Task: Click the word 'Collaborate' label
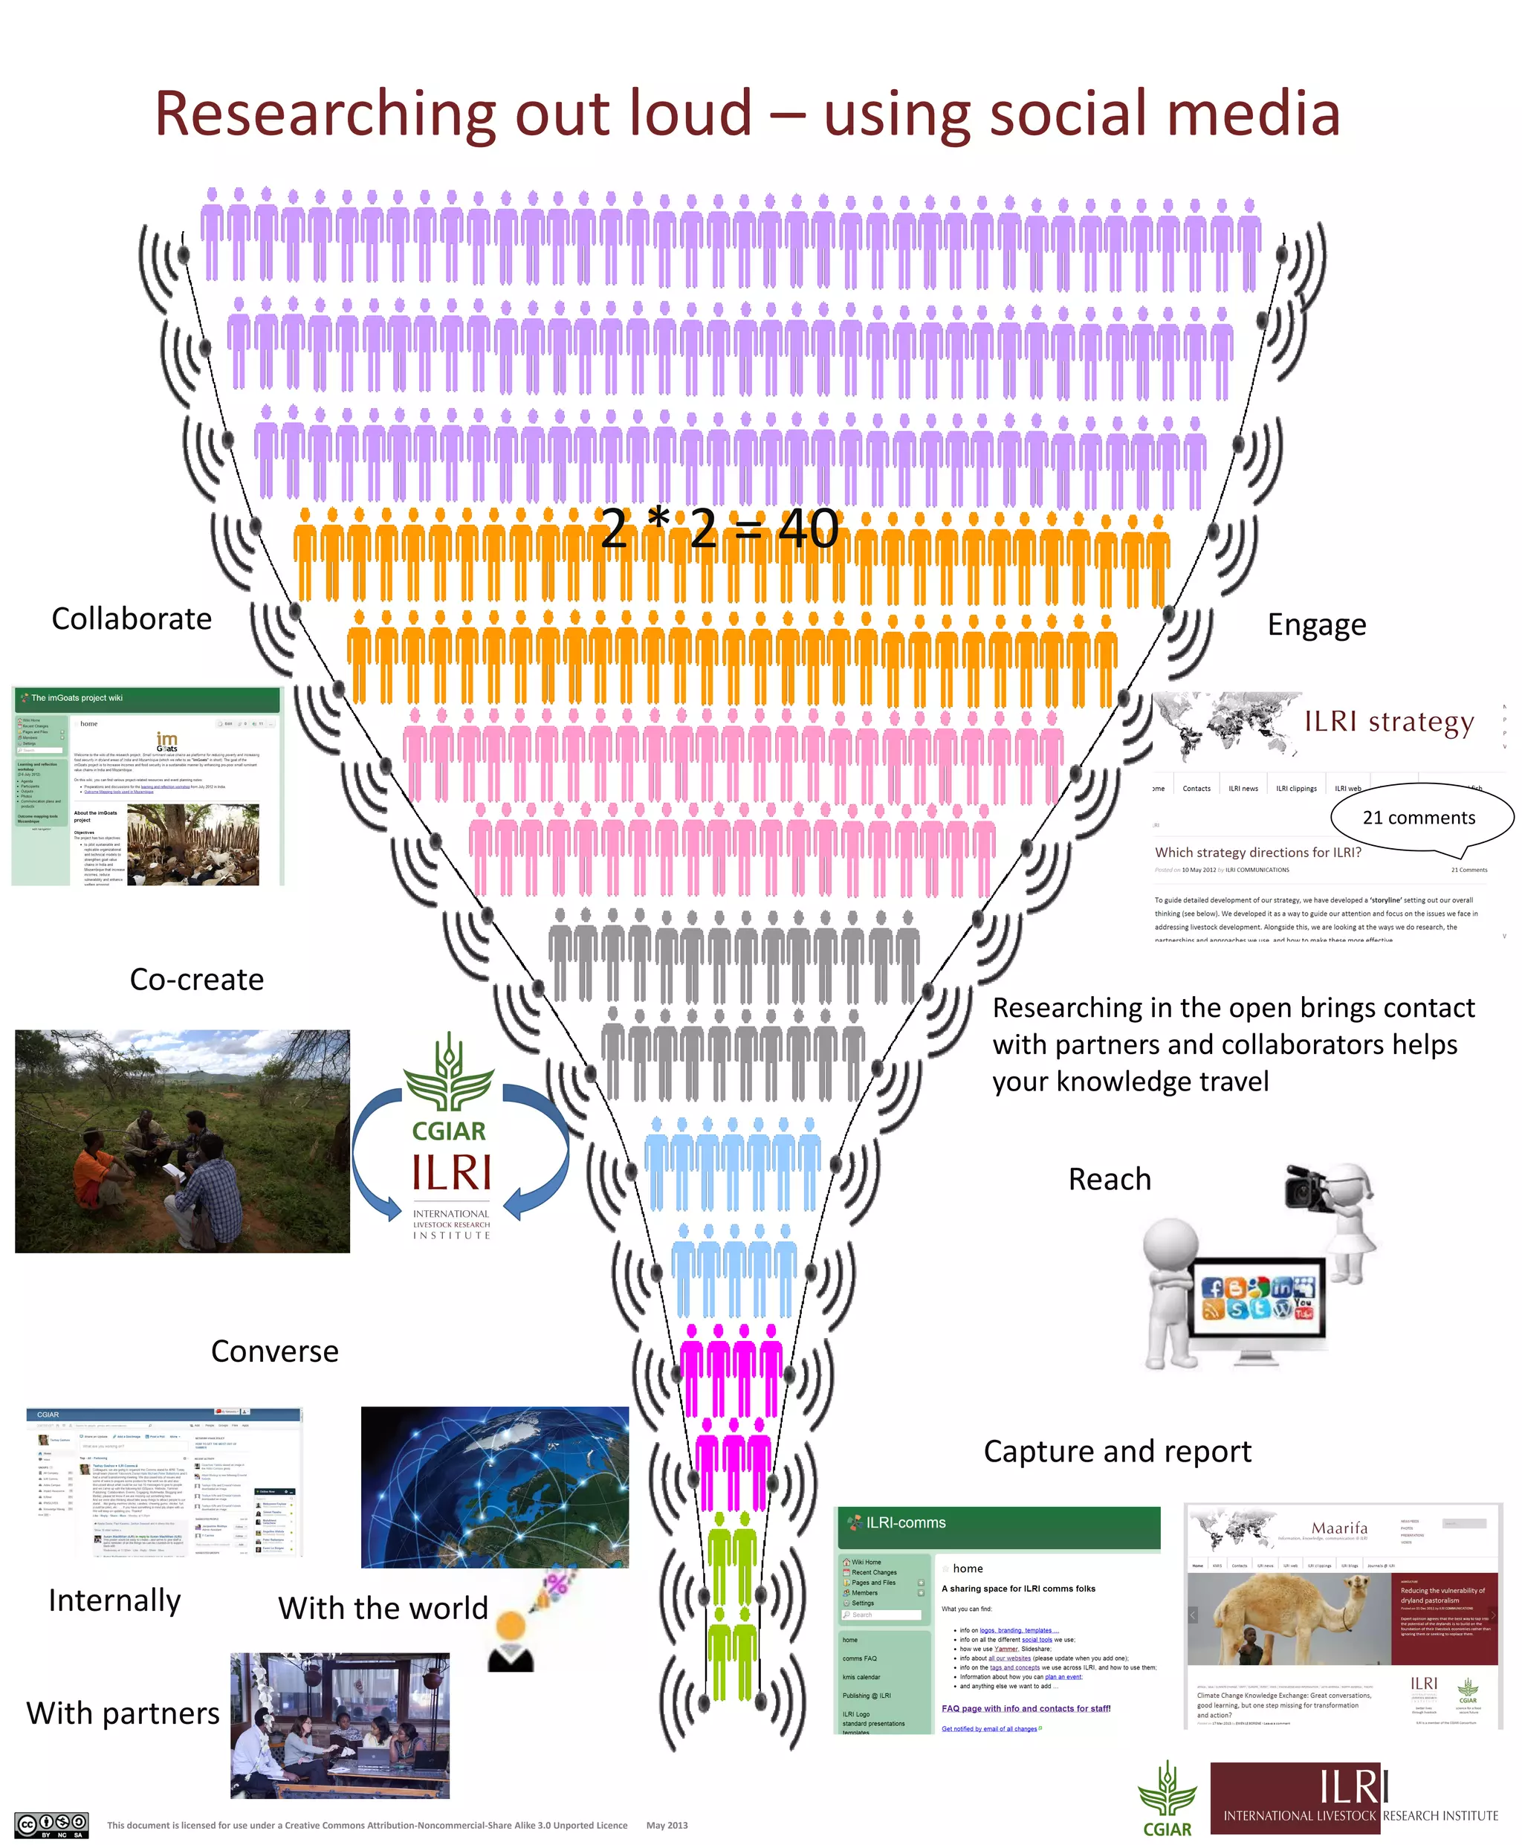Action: click(x=132, y=619)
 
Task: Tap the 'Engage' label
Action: click(x=1316, y=625)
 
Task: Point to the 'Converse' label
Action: click(x=274, y=1351)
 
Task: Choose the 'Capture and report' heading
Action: click(x=1117, y=1451)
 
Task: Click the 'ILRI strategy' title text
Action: click(x=1389, y=722)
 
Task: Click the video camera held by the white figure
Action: click(x=1308, y=1190)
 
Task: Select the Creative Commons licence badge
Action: click(x=53, y=1826)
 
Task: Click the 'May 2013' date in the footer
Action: click(x=667, y=1826)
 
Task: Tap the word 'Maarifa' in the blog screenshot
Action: click(x=1338, y=1528)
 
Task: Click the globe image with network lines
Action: click(x=494, y=1487)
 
